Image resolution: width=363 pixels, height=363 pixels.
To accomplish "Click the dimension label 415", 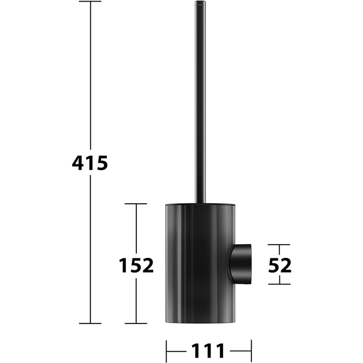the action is pyautogui.click(x=90, y=163).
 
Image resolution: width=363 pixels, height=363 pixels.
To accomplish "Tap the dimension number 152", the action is pyautogui.click(x=136, y=266).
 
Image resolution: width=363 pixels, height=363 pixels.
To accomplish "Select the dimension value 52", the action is pyautogui.click(x=280, y=266).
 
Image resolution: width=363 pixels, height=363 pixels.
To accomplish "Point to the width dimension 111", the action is pyautogui.click(x=208, y=351).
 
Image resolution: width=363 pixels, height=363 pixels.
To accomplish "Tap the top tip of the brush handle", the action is pyautogui.click(x=200, y=2).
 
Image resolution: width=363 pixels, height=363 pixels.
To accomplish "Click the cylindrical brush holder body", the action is pyautogui.click(x=201, y=263).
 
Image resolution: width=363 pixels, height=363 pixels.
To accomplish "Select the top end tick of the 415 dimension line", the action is pyautogui.click(x=90, y=2).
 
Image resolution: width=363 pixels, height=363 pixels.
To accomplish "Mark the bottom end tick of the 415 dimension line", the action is pyautogui.click(x=90, y=323).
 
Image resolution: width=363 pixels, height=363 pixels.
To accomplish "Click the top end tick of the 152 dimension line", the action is pyautogui.click(x=136, y=204).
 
